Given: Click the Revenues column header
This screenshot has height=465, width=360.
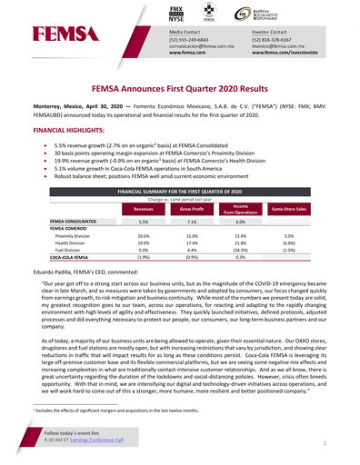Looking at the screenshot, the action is coord(144,208).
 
